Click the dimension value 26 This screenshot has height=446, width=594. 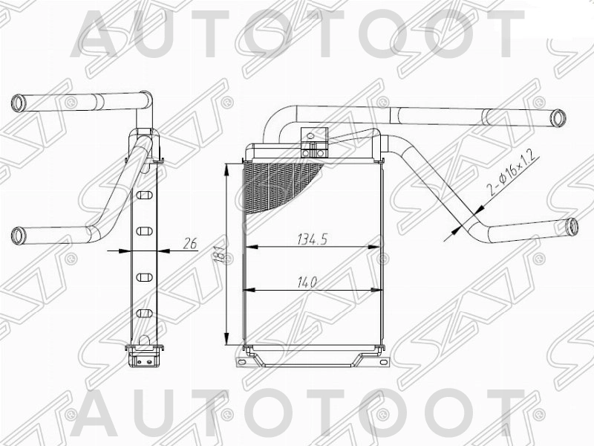coord(189,242)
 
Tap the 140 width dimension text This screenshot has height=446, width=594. coord(306,282)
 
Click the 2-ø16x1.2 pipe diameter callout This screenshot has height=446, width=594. coord(512,173)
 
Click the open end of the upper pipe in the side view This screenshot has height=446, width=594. coord(18,103)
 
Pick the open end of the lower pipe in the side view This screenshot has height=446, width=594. coord(18,236)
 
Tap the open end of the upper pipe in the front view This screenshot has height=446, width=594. coord(558,117)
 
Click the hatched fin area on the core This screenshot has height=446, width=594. coord(278,184)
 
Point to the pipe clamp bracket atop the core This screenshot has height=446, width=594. coord(313,143)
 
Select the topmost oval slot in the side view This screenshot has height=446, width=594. coord(145,195)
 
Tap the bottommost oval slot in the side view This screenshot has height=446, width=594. coord(145,313)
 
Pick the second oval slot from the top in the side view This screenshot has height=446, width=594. coord(145,231)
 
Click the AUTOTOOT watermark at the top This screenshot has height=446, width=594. coord(297,33)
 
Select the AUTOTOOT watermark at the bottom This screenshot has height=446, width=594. coord(297,413)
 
